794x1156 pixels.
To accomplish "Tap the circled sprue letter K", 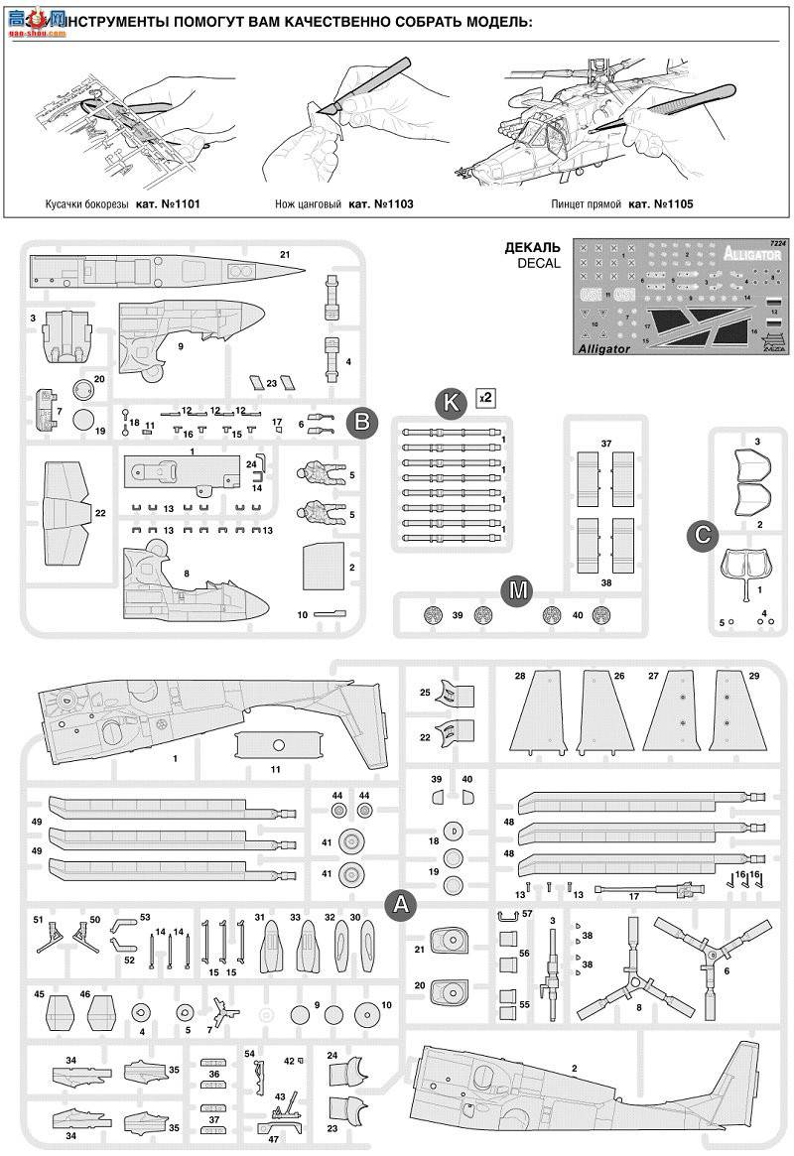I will (451, 401).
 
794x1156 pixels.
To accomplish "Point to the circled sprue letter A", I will (400, 903).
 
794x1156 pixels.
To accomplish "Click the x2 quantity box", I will (485, 396).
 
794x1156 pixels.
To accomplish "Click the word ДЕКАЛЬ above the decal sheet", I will (532, 247).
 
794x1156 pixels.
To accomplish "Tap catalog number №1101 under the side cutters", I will (174, 203).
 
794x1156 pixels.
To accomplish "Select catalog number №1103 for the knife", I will (380, 203).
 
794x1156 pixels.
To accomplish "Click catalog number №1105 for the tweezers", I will (659, 203).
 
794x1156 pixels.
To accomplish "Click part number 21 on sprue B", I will (285, 256).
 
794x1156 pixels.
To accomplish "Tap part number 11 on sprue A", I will (275, 769).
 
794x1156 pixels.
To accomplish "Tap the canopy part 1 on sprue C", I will (746, 567).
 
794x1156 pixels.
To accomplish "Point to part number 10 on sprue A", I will (386, 1006).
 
